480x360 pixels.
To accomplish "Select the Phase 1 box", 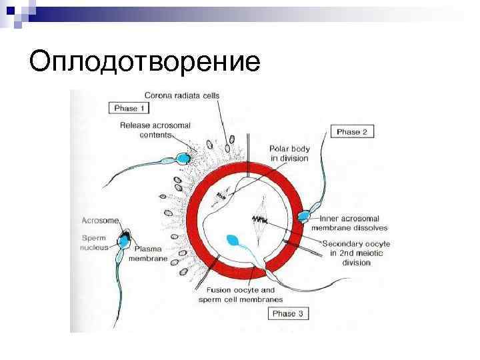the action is (125, 108).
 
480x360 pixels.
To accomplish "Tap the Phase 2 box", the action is (351, 132).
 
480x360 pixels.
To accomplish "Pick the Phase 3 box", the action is (287, 313).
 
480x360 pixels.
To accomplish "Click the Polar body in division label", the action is (289, 153).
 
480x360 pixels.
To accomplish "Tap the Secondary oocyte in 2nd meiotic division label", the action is (356, 253).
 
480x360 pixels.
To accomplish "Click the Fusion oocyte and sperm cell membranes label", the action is (240, 295).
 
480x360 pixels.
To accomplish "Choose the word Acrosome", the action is (100, 220).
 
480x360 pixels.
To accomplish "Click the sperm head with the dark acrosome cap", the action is (124, 238).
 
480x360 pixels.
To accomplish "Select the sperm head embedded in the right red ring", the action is (305, 215).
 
